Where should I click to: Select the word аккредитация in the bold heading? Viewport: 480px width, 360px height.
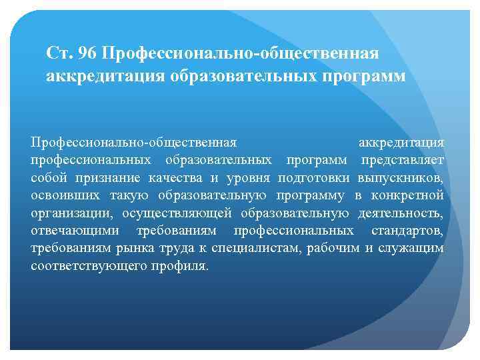(91, 77)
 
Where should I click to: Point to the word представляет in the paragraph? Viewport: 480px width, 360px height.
(403, 160)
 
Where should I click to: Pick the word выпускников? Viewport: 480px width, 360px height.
(401, 178)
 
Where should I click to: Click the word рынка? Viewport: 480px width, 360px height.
(131, 248)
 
